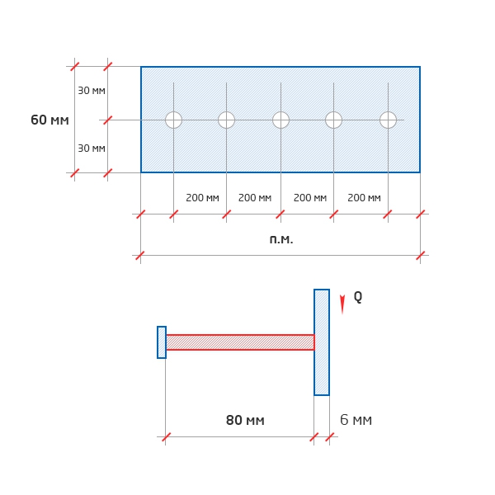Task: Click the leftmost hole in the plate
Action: click(173, 120)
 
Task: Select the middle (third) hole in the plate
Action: click(280, 120)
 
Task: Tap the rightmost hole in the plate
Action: click(388, 120)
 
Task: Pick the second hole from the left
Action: click(226, 120)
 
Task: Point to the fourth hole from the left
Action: click(333, 120)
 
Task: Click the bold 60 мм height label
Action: click(49, 120)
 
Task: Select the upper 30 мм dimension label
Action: click(92, 91)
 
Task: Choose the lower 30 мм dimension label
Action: click(92, 148)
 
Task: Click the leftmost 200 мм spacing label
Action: click(202, 198)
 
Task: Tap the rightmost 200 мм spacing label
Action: click(364, 198)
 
